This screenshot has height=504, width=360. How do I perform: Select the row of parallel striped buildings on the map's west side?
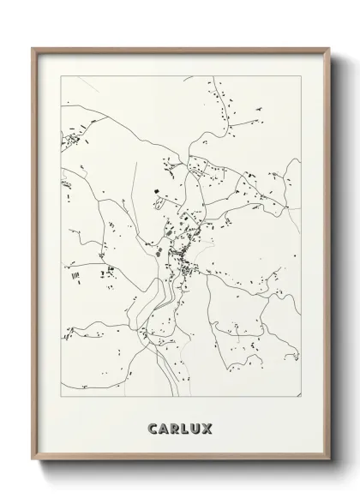pos(75,275)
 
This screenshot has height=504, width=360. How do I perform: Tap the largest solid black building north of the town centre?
pos(158,189)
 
